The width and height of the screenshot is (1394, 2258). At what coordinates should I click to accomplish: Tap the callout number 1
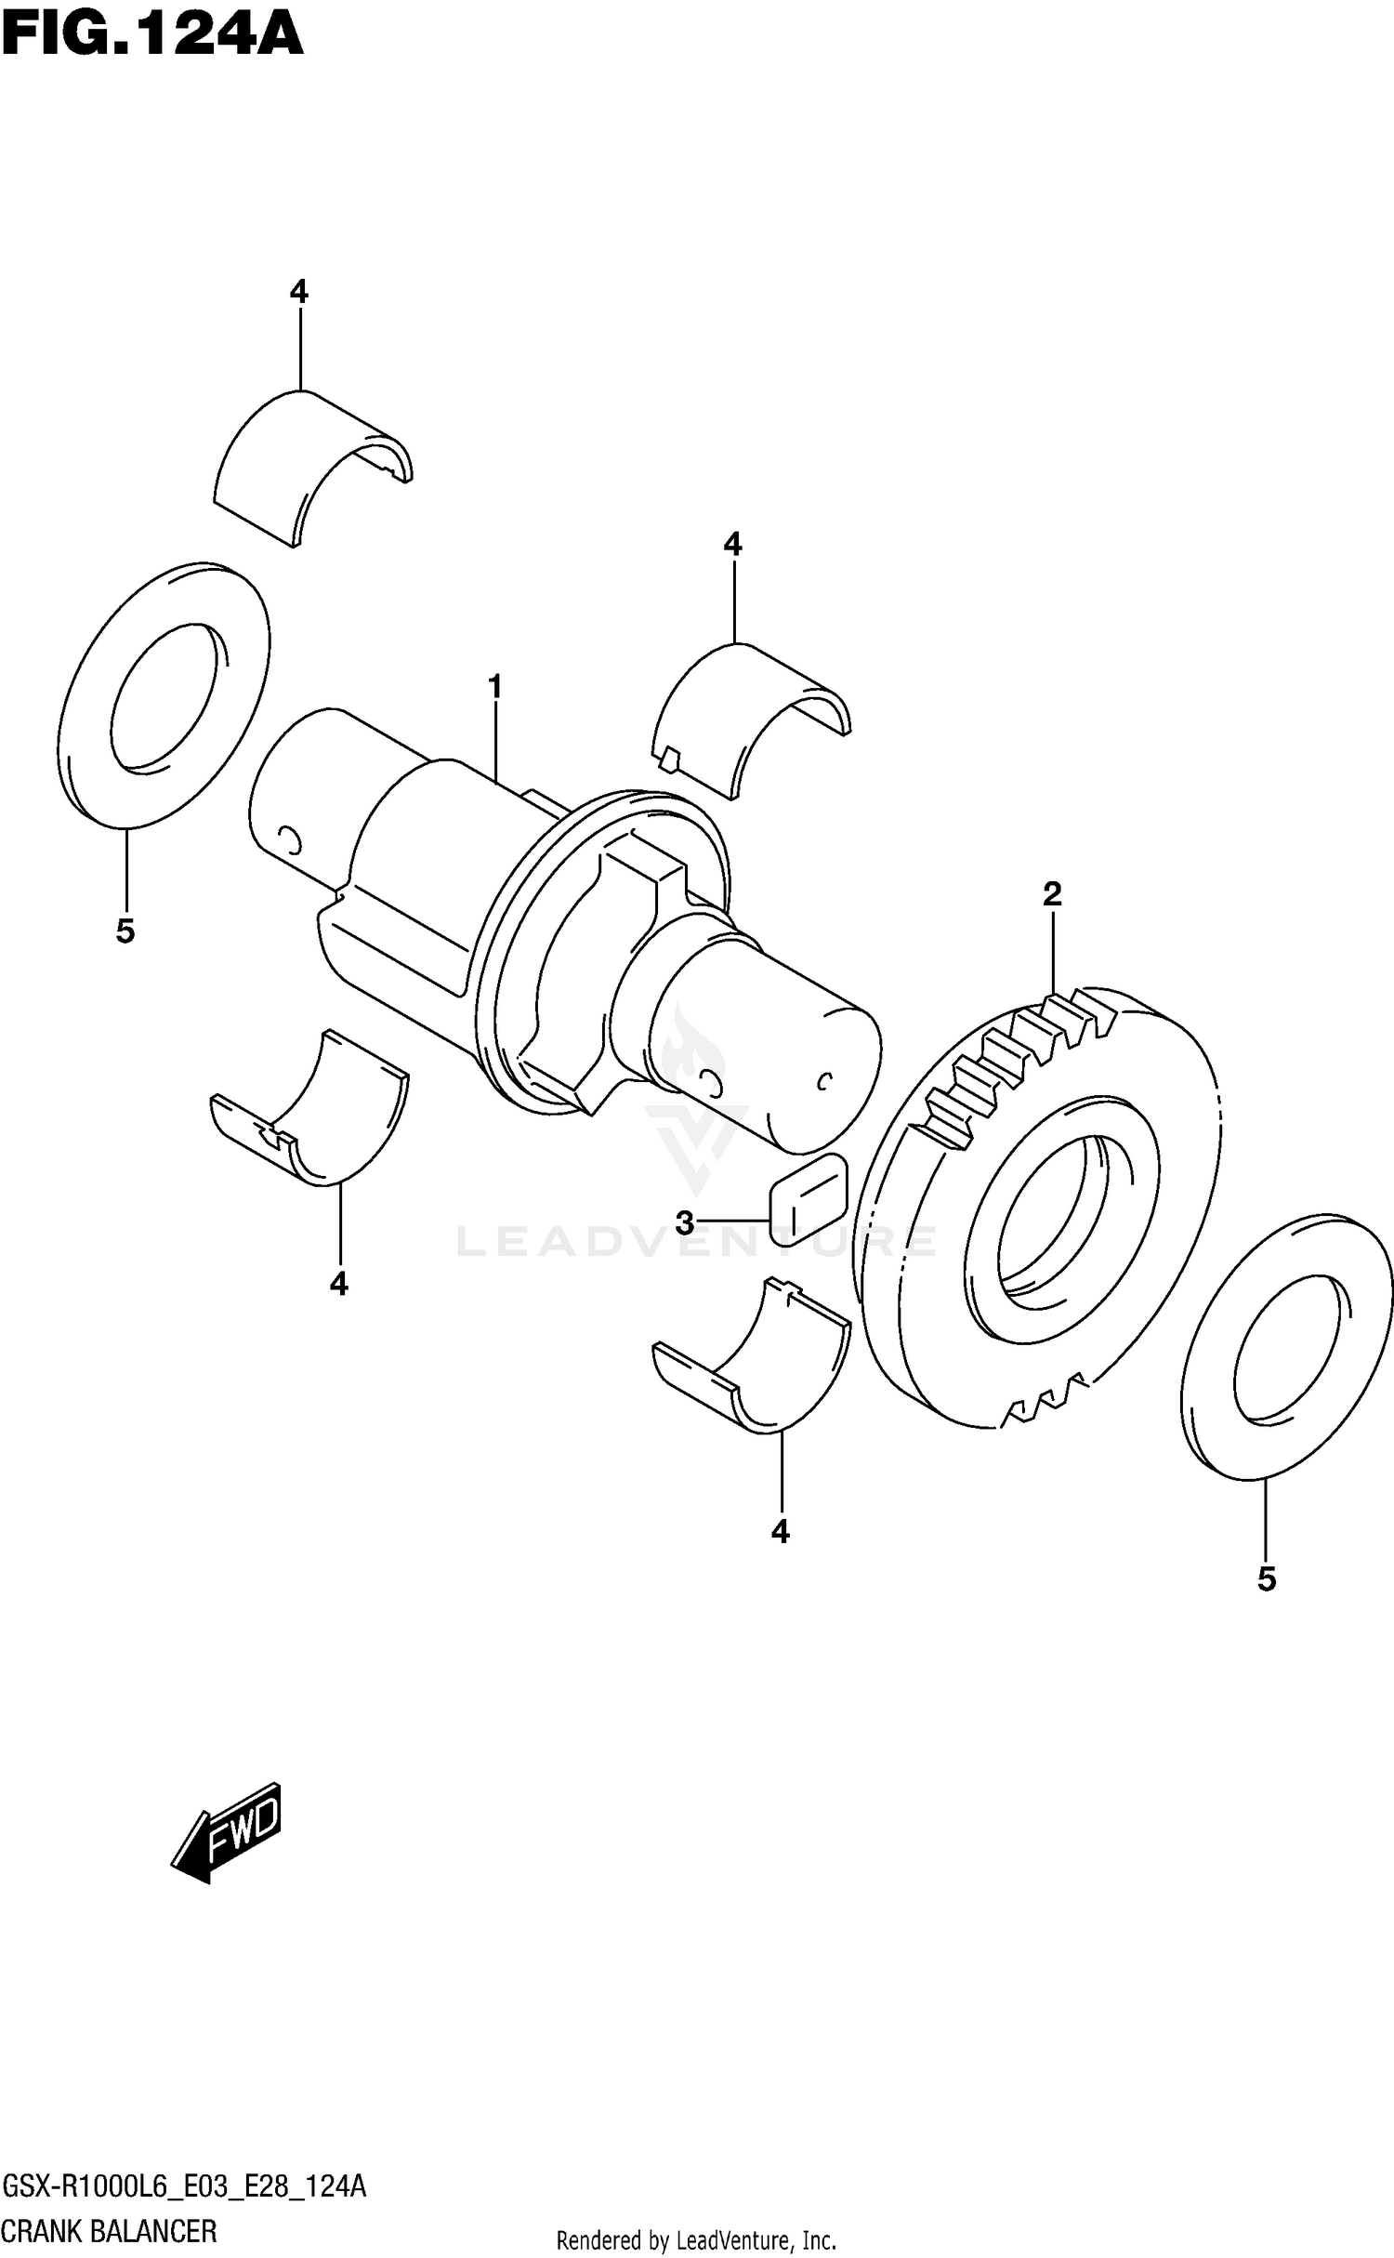click(x=495, y=687)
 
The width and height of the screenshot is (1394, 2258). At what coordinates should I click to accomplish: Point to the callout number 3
click(x=685, y=1222)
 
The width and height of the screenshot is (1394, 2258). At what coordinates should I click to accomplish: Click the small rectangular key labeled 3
click(x=808, y=1198)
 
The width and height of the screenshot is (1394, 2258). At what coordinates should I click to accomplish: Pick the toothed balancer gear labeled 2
click(x=1036, y=1208)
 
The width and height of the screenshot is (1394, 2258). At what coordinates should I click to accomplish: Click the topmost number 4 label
click(x=298, y=292)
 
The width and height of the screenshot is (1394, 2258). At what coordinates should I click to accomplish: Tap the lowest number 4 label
click(x=781, y=1531)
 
